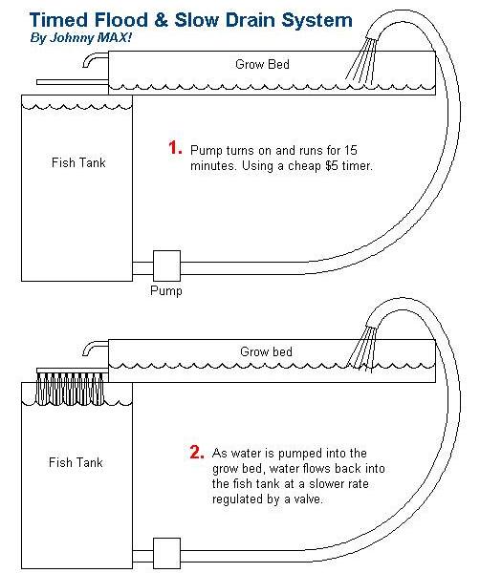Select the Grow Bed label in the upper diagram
(x=261, y=65)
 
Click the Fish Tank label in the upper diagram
(x=77, y=162)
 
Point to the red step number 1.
(x=175, y=148)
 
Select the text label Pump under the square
(x=166, y=290)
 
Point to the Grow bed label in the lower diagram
(x=261, y=350)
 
